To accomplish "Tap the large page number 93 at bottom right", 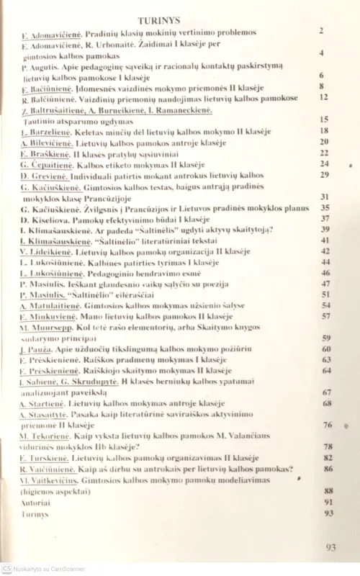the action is point(330,547).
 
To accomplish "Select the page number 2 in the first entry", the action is point(321,31).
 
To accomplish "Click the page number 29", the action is point(324,174).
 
